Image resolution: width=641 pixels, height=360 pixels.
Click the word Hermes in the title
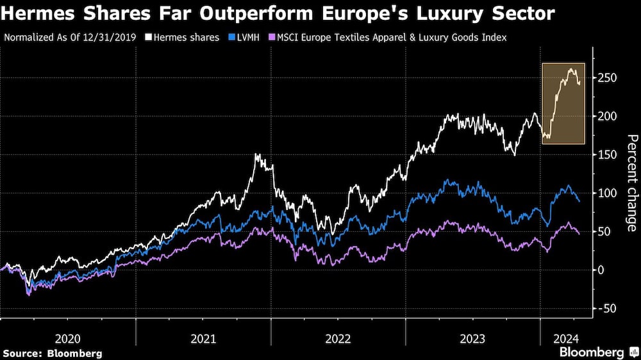coord(38,12)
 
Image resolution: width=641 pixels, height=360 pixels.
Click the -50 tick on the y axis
coord(608,308)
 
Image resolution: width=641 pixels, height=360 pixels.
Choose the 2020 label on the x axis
coord(68,338)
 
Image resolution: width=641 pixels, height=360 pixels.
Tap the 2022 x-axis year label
coord(338,338)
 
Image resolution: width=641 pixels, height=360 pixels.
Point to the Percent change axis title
coord(631,183)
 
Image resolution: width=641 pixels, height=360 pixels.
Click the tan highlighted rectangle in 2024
coord(563,112)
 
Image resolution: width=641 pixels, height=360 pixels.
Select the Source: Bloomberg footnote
coord(53,353)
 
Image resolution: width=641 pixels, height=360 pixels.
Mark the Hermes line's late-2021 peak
coord(257,155)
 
